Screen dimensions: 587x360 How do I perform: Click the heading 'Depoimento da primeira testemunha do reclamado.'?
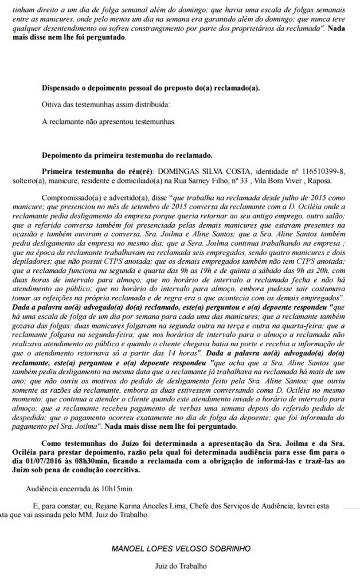pos(127,155)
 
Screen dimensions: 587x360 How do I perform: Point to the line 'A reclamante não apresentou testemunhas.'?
pos(109,122)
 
